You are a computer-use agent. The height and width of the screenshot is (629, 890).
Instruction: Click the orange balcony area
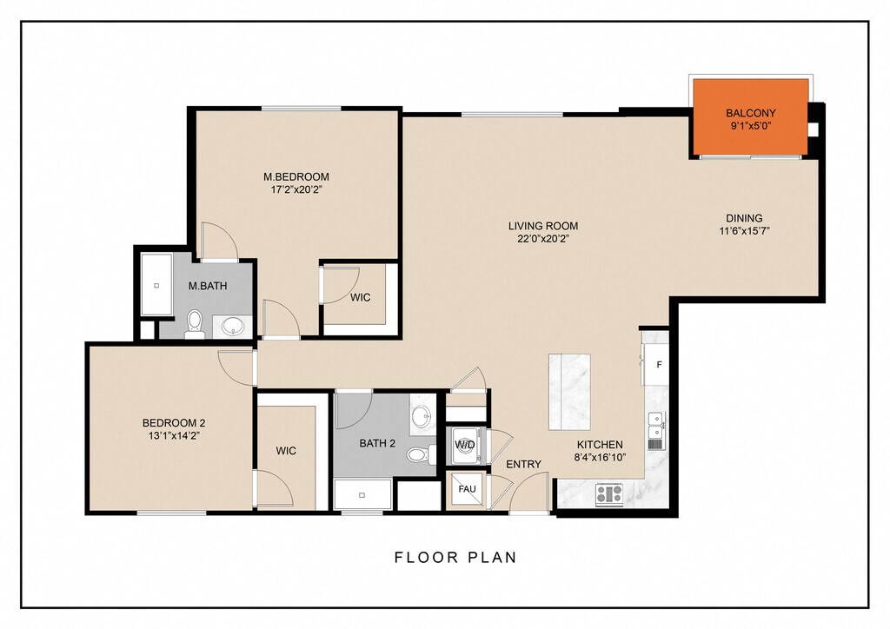[x=750, y=117]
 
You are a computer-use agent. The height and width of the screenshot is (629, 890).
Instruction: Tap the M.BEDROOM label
[x=296, y=177]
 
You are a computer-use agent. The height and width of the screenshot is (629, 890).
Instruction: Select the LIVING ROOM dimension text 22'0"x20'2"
[x=543, y=239]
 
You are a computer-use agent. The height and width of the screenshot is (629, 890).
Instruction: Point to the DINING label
[x=744, y=218]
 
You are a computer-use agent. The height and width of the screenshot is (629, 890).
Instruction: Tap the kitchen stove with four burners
[x=609, y=494]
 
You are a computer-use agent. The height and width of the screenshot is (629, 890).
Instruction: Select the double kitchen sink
[x=657, y=425]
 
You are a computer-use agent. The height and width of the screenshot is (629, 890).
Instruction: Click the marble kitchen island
[x=569, y=392]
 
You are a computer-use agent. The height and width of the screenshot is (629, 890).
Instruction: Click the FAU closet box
[x=467, y=489]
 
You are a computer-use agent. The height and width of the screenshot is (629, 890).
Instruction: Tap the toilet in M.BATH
[x=194, y=324]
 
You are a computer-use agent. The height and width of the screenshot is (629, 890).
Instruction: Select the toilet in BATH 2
[x=421, y=454]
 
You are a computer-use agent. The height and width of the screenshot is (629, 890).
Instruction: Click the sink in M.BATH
[x=233, y=327]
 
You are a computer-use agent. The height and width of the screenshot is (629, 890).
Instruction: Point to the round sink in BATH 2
[x=422, y=416]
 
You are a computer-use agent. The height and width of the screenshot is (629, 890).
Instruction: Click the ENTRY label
[x=523, y=465]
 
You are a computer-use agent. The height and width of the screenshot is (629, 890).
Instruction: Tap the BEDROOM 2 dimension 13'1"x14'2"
[x=173, y=436]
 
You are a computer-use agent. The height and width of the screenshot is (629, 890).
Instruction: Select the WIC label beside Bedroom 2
[x=286, y=451]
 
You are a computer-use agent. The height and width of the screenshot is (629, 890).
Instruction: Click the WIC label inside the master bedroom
[x=361, y=298]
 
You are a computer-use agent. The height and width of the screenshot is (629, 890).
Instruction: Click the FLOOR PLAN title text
[x=455, y=558]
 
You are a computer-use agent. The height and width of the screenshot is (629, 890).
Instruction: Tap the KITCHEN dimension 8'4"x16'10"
[x=600, y=458]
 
